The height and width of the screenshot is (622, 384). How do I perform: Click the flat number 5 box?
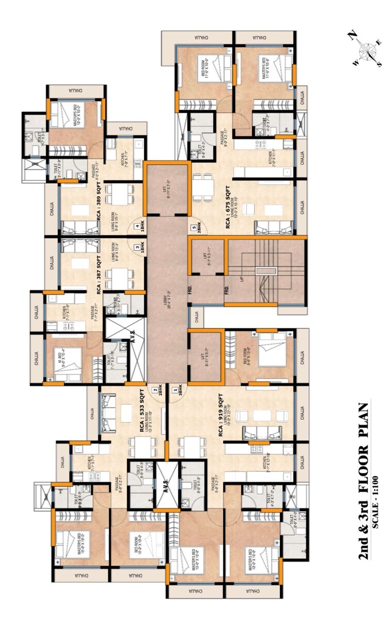point(193,227)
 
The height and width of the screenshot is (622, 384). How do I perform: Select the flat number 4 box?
point(138,226)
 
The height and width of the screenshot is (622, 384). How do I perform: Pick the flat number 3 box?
point(138,248)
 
